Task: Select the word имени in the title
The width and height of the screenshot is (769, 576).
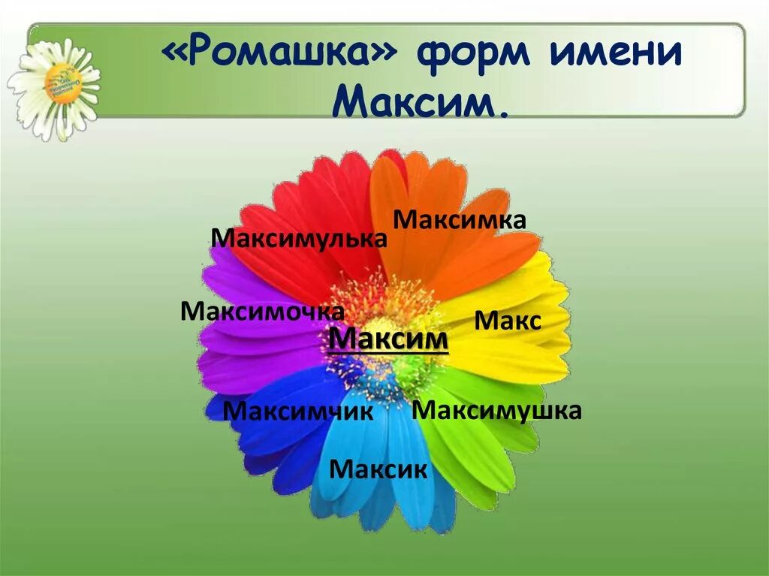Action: (614, 58)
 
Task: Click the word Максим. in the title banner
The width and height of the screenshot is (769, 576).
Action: (420, 103)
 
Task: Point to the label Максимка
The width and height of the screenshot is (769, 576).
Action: (460, 220)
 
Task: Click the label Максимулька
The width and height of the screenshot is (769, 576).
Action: (299, 238)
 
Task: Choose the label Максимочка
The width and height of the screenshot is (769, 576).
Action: (262, 310)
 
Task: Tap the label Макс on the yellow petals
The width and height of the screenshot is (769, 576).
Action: (508, 322)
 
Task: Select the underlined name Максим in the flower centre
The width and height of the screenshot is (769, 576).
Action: (388, 339)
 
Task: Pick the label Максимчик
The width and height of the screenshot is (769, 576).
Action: (298, 412)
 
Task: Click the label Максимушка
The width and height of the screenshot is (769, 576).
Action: (496, 411)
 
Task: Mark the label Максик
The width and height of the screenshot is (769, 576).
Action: (378, 470)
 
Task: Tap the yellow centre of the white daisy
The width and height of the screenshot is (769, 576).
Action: (64, 82)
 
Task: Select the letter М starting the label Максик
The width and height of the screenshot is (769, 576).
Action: (340, 470)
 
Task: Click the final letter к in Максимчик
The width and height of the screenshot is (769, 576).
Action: (366, 412)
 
